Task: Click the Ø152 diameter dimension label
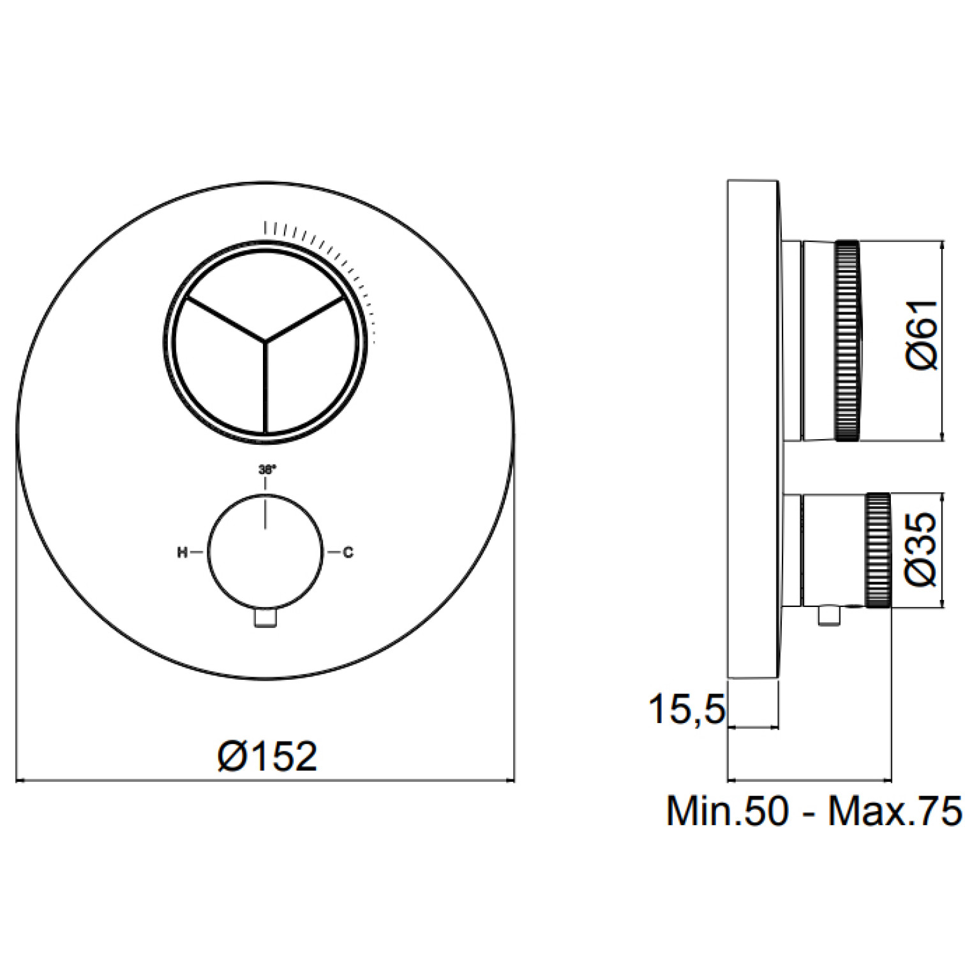coord(267,757)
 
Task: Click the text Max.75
coord(895,811)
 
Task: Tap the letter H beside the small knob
coord(182,553)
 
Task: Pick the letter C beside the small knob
coord(348,553)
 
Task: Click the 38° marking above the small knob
coord(267,469)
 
